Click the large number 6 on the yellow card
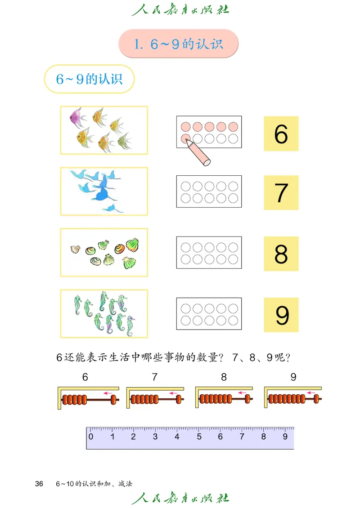click(281, 134)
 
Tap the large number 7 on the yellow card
click(281, 193)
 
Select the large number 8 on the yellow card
click(281, 254)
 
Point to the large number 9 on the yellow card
click(282, 315)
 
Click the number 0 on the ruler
click(91, 437)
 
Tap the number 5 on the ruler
click(199, 437)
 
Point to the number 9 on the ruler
click(285, 437)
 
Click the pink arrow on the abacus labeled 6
click(108, 393)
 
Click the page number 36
click(39, 484)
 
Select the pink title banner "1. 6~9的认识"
click(178, 44)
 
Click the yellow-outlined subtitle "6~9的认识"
click(89, 80)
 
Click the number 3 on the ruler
click(155, 437)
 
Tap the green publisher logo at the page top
click(180, 9)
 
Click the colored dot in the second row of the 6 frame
click(184, 138)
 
